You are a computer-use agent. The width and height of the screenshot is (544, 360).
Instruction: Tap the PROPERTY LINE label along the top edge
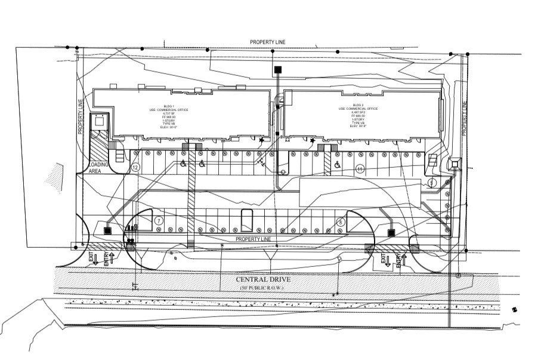[268, 41]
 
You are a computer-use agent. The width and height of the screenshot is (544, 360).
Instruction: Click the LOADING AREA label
[98, 167]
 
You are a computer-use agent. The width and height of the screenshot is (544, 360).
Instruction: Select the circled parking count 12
[136, 168]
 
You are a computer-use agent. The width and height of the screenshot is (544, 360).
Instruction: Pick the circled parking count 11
[360, 169]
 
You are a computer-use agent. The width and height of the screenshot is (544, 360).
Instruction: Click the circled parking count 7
[159, 220]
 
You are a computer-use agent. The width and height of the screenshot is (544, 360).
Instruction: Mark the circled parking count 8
[340, 221]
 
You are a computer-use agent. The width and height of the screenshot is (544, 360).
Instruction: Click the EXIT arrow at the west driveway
[94, 259]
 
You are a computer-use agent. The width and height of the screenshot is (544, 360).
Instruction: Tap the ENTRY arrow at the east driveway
[399, 260]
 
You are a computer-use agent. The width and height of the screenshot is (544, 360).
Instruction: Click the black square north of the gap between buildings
[277, 70]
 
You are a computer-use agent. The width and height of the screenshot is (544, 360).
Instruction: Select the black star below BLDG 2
[312, 141]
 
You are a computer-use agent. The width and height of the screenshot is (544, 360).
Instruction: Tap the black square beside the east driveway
[392, 233]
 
